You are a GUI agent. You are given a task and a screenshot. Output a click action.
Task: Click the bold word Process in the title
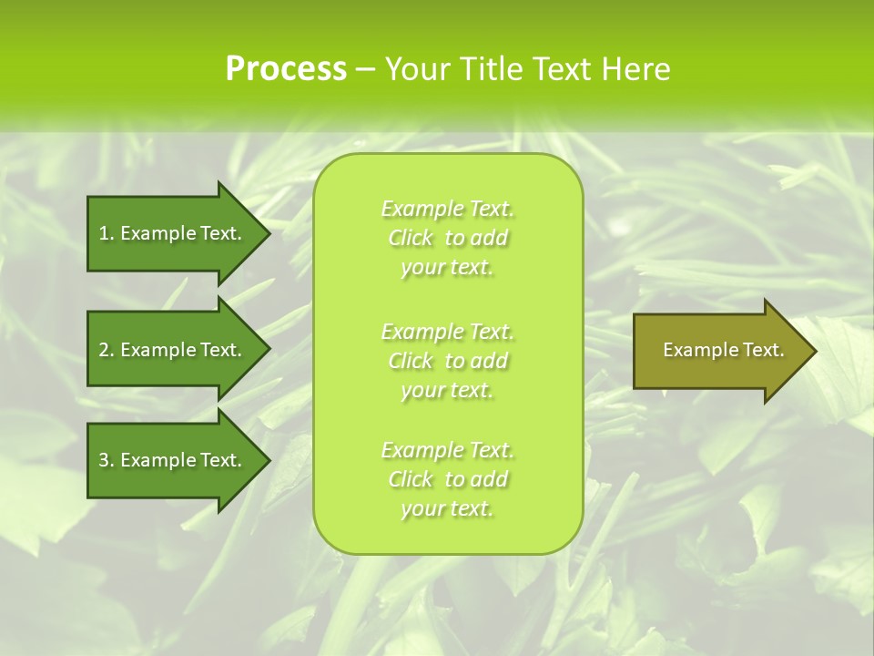(286, 69)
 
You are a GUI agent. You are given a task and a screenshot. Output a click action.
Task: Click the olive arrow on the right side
(719, 350)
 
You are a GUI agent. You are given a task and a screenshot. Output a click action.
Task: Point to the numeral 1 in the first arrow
(104, 233)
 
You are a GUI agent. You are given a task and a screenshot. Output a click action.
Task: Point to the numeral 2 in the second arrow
(104, 350)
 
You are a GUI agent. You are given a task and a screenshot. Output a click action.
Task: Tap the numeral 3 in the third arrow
(104, 460)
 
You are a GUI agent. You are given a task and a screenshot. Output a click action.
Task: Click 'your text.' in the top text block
(447, 268)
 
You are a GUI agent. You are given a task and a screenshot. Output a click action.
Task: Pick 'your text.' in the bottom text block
(447, 508)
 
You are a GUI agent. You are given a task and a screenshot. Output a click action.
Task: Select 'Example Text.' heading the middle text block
(447, 332)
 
